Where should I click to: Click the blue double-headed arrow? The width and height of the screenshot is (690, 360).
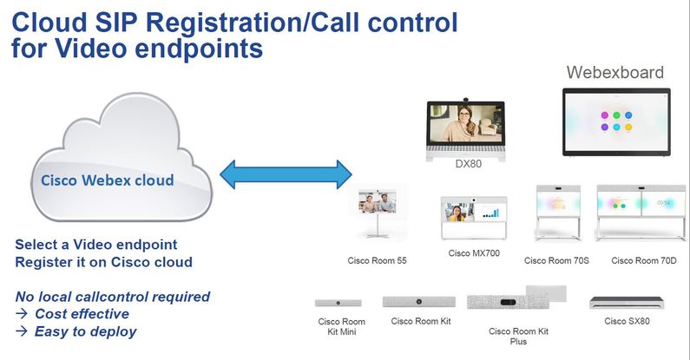(286, 174)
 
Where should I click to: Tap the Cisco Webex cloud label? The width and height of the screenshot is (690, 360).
(108, 180)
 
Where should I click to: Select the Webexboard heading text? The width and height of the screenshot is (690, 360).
(614, 73)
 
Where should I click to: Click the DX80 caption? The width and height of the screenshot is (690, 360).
(468, 164)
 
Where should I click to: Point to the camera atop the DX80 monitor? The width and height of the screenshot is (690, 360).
(465, 100)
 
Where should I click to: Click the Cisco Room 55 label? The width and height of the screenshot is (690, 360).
(378, 260)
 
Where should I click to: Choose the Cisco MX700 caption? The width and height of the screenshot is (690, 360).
(474, 253)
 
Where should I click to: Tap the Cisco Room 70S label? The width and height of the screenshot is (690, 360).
(556, 260)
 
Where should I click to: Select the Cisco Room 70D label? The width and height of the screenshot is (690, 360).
(643, 260)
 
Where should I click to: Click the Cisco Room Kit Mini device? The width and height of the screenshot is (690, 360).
(338, 303)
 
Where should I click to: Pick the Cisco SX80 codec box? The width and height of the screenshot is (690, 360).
(627, 303)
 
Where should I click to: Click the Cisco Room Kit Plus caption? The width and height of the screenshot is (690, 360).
(518, 337)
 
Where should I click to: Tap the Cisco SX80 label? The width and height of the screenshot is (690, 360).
(627, 321)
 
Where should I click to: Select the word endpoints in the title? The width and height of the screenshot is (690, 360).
(199, 48)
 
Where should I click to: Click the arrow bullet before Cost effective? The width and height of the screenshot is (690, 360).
(22, 313)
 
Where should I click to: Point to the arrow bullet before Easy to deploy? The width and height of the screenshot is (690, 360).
(22, 331)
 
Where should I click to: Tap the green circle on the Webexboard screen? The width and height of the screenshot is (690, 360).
(616, 115)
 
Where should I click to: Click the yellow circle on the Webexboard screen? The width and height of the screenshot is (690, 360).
(628, 127)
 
